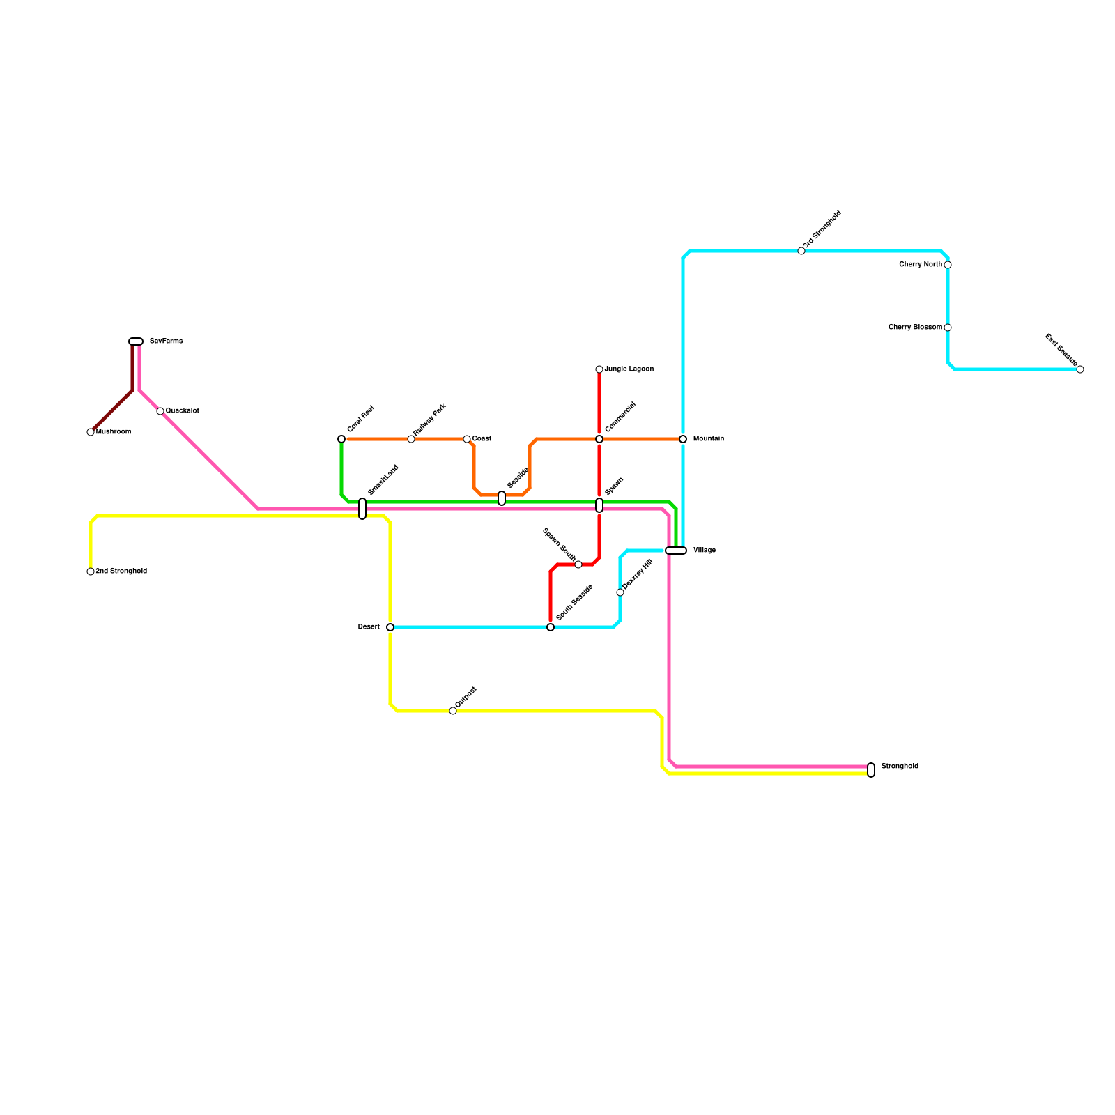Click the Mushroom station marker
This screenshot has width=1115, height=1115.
[91, 432]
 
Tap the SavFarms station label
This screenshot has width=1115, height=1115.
[166, 341]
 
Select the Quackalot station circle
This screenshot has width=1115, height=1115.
[160, 411]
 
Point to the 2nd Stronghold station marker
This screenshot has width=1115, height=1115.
[91, 571]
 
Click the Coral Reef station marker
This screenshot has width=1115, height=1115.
[341, 439]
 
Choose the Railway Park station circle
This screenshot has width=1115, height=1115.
[411, 439]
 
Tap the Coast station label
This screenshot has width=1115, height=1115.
[482, 439]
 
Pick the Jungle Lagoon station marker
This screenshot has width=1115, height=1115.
[599, 369]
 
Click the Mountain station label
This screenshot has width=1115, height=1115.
[708, 439]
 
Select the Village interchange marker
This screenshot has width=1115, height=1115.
[676, 551]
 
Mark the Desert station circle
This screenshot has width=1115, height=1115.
[390, 627]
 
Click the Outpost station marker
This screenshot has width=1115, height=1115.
[453, 711]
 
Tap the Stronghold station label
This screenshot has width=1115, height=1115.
[899, 767]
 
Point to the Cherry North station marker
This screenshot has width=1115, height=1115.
[948, 265]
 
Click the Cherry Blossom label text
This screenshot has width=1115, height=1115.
[915, 328]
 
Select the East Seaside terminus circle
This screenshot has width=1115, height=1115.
[1080, 369]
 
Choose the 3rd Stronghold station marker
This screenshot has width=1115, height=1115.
[801, 251]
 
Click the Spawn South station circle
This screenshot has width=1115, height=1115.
[578, 564]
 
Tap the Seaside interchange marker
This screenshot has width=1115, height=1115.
[502, 498]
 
